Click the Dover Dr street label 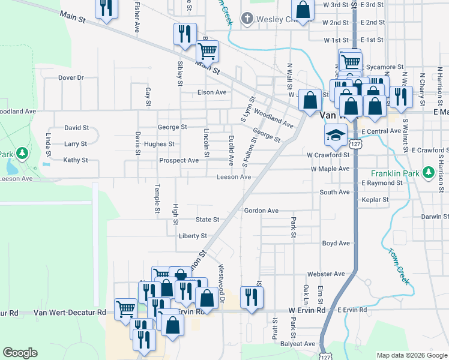(71, 77)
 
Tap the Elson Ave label (212, 92)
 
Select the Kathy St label (76, 160)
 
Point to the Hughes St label (159, 144)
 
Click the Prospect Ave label (179, 161)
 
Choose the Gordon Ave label (261, 211)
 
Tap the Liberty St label (193, 236)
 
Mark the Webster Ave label (326, 274)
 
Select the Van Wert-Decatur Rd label (70, 313)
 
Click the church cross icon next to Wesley (246, 19)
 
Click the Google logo (20, 352)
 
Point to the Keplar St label (376, 199)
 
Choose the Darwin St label (435, 217)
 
